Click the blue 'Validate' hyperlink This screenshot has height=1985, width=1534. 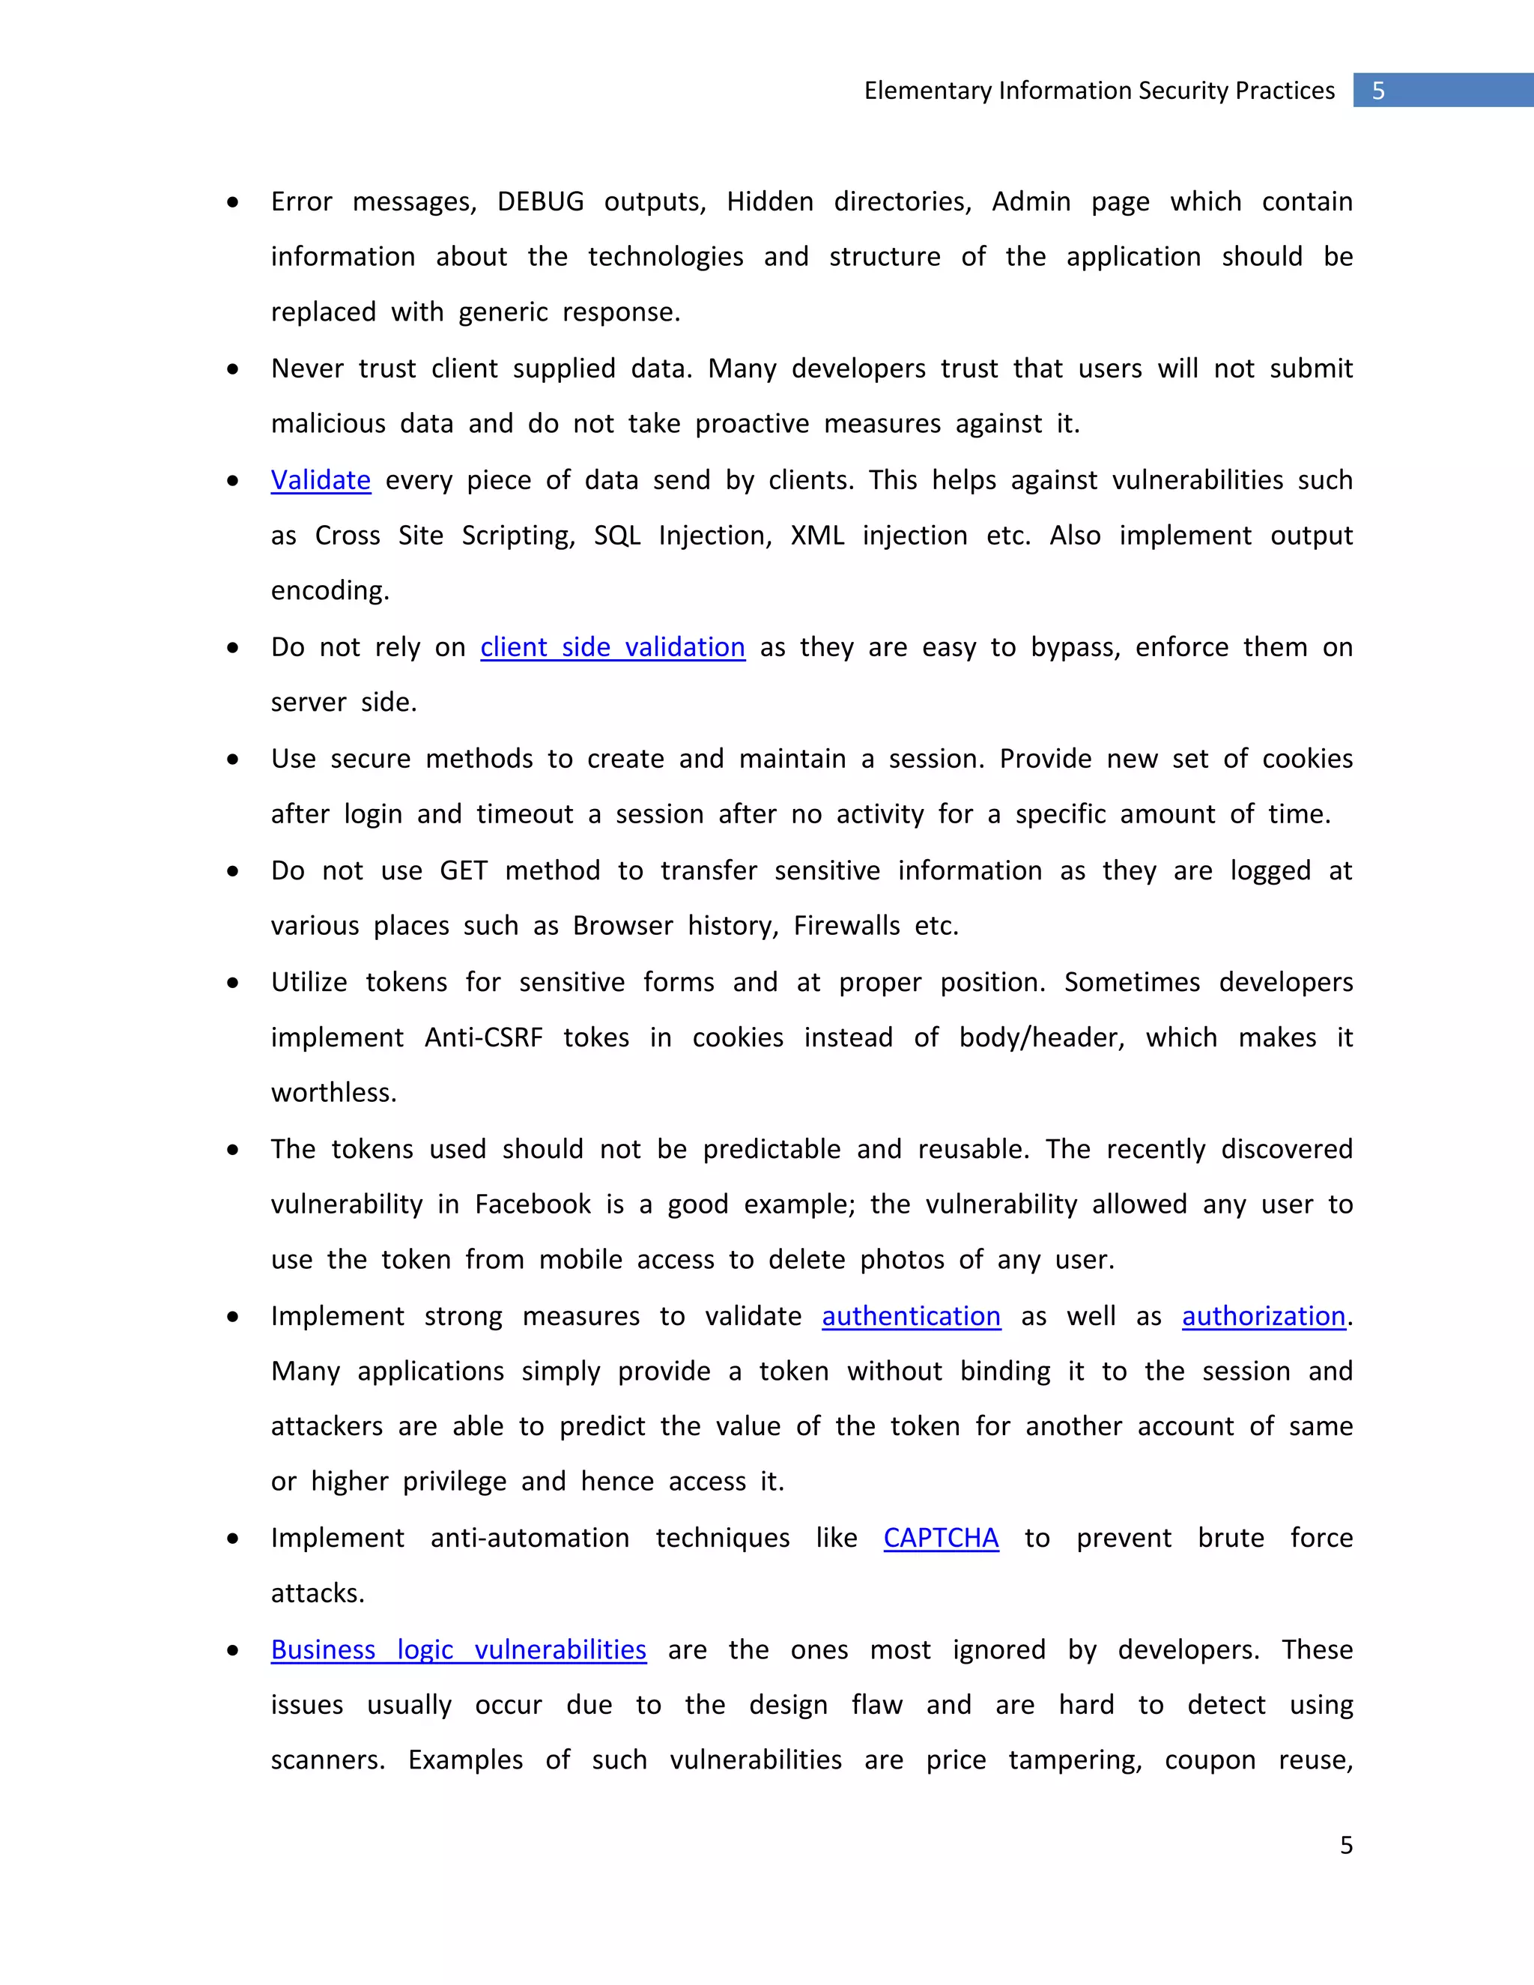[x=321, y=480]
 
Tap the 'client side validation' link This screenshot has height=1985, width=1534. [x=613, y=647]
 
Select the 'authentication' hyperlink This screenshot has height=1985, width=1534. [x=911, y=1316]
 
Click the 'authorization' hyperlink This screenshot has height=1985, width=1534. [x=1263, y=1316]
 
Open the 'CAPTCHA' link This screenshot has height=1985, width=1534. [x=941, y=1538]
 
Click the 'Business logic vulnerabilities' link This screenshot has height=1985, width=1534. [x=458, y=1649]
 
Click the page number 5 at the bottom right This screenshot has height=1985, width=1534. [x=1346, y=1845]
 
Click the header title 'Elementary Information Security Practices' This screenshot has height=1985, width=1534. [x=1099, y=91]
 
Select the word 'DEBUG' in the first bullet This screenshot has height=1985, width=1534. [x=540, y=201]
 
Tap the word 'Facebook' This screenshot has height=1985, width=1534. [x=533, y=1204]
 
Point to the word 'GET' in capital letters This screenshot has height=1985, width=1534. [x=464, y=870]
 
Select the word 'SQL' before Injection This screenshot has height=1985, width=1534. [x=617, y=536]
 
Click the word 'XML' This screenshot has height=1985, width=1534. [x=817, y=536]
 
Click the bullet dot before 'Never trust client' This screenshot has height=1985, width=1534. [x=234, y=369]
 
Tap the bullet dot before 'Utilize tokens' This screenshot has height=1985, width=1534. [x=234, y=983]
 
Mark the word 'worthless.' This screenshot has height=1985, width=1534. [x=333, y=1092]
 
